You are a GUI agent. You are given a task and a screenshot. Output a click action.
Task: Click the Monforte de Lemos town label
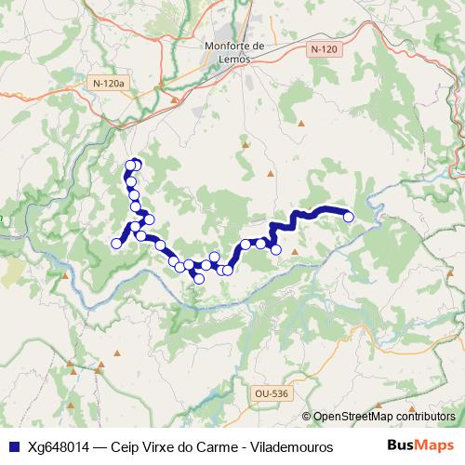(234, 53)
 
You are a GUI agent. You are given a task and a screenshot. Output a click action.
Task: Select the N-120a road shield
(108, 84)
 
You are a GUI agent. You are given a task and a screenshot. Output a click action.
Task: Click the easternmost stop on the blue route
(349, 217)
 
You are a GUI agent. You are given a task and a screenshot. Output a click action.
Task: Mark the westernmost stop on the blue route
(116, 244)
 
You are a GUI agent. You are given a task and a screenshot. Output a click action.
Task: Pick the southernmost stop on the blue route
(198, 278)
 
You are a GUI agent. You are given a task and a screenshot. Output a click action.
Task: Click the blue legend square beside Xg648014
(13, 446)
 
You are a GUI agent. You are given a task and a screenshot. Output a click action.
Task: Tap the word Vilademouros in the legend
(295, 446)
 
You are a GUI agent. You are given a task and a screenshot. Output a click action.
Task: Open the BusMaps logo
(418, 445)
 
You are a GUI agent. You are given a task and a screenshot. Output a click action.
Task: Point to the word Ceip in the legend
(126, 446)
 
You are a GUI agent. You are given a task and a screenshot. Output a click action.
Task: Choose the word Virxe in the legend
(161, 446)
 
